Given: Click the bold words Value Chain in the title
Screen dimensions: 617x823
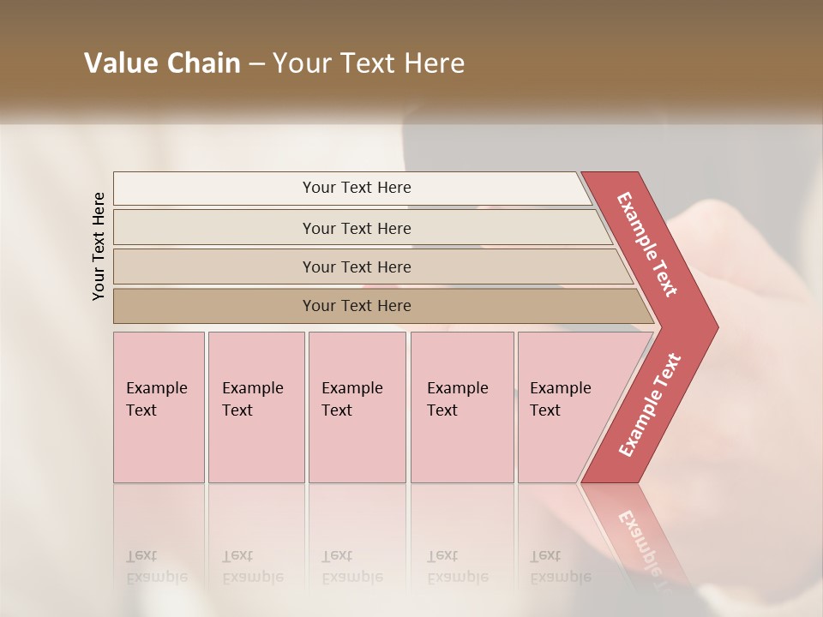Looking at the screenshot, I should [x=162, y=63].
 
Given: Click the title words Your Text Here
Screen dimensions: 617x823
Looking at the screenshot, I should [x=369, y=63].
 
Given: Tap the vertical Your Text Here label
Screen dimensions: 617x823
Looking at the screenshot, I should [x=99, y=246].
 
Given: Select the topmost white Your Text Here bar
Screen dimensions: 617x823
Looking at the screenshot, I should [x=357, y=188].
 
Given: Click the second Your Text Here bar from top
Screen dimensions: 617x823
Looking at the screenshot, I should [x=357, y=228].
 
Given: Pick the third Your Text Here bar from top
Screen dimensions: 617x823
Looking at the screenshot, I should [x=357, y=267].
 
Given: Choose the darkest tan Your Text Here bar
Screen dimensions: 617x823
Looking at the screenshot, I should [x=357, y=306].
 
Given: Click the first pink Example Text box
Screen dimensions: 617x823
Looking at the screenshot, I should [x=159, y=406].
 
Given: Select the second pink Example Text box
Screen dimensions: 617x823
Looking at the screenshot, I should [x=255, y=406].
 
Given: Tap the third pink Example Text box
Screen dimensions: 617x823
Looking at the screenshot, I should [x=357, y=406].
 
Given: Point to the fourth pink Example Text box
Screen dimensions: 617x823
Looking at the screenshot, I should [x=461, y=406].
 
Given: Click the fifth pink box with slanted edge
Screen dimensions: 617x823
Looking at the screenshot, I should [x=566, y=406].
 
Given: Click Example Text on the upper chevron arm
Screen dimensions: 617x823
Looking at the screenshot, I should [x=647, y=244].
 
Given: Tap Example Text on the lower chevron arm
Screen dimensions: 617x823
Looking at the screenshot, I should [x=650, y=404].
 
